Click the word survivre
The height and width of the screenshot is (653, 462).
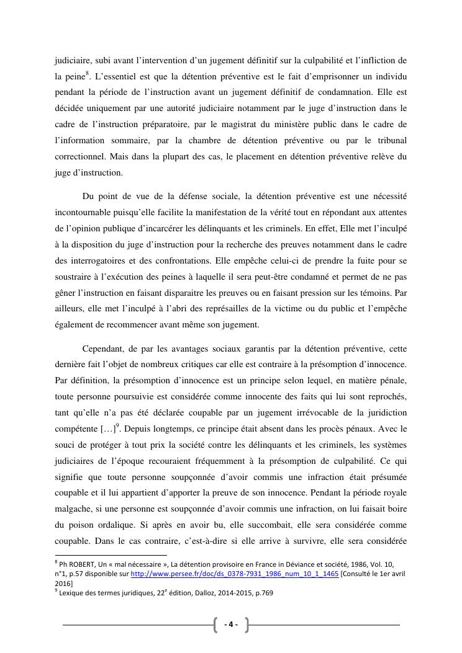click(334, 541)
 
